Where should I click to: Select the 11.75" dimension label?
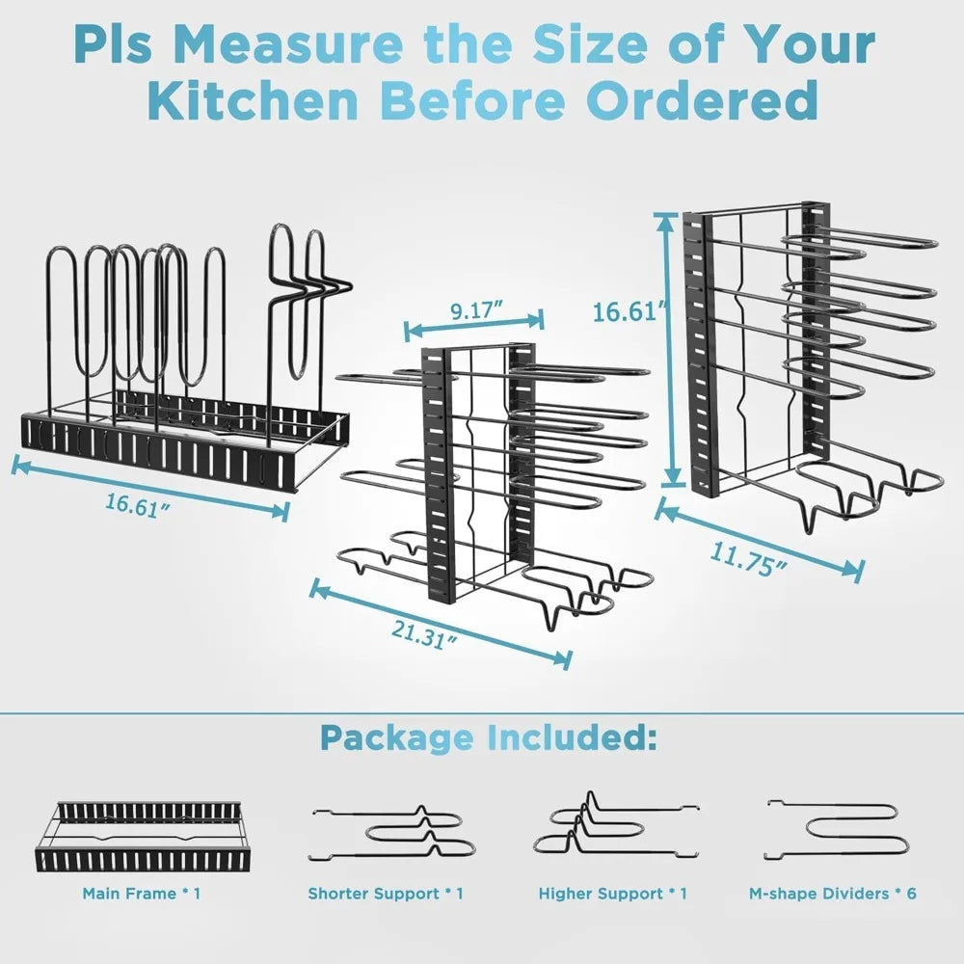click(x=746, y=559)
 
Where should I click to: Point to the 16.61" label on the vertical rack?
click(x=629, y=311)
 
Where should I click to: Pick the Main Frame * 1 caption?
click(x=142, y=894)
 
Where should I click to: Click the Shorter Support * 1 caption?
click(x=386, y=894)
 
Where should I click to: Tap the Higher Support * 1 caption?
click(x=613, y=894)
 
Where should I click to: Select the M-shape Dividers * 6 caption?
click(x=833, y=894)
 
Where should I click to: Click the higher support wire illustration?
click(x=613, y=829)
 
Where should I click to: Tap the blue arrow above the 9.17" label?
click(x=473, y=326)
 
